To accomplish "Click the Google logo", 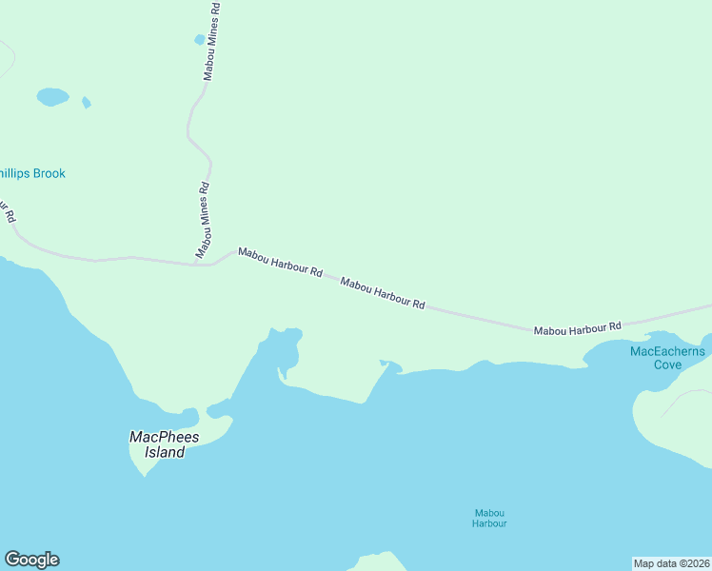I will [x=31, y=560].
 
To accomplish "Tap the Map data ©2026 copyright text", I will [x=671, y=563].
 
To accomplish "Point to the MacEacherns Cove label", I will [x=667, y=358].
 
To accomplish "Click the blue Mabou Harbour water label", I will [x=490, y=518].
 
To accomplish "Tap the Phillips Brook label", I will [x=32, y=173].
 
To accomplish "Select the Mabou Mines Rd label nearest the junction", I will [x=202, y=220].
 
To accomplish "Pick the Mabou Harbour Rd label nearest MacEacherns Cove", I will [x=577, y=328].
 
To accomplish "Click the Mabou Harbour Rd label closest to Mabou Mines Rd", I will [x=280, y=262].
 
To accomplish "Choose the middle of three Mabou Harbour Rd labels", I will [x=382, y=293].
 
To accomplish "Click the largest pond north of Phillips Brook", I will [x=52, y=96].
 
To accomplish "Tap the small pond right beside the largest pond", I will [x=86, y=102].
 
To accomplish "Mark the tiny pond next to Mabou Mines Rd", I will [x=199, y=40].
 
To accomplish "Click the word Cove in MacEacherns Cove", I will [x=667, y=364].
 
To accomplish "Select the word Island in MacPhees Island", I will [x=165, y=453].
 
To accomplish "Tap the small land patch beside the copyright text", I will [x=379, y=561].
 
